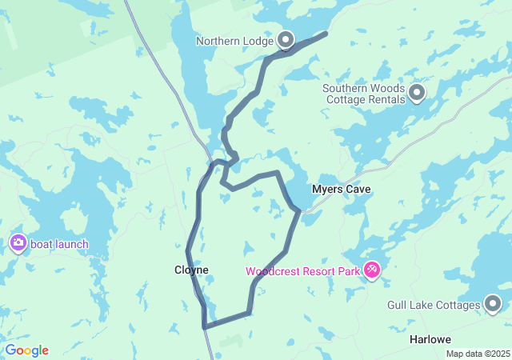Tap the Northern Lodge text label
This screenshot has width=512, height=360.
pos(235,41)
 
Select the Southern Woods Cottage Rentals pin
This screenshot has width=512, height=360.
pos(417,94)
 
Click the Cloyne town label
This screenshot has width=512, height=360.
pos(191,270)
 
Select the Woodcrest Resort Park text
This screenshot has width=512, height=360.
pos(303,271)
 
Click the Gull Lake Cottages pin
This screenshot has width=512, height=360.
pos(493,304)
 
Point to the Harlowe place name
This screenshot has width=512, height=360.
pos(430,339)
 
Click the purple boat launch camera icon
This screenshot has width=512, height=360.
pos(18,243)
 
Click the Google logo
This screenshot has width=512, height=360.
pos(26,350)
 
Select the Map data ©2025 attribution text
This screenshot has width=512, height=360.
pos(477,354)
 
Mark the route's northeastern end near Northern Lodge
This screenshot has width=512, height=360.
pos(326,34)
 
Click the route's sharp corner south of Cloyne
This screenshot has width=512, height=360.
pos(205,326)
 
